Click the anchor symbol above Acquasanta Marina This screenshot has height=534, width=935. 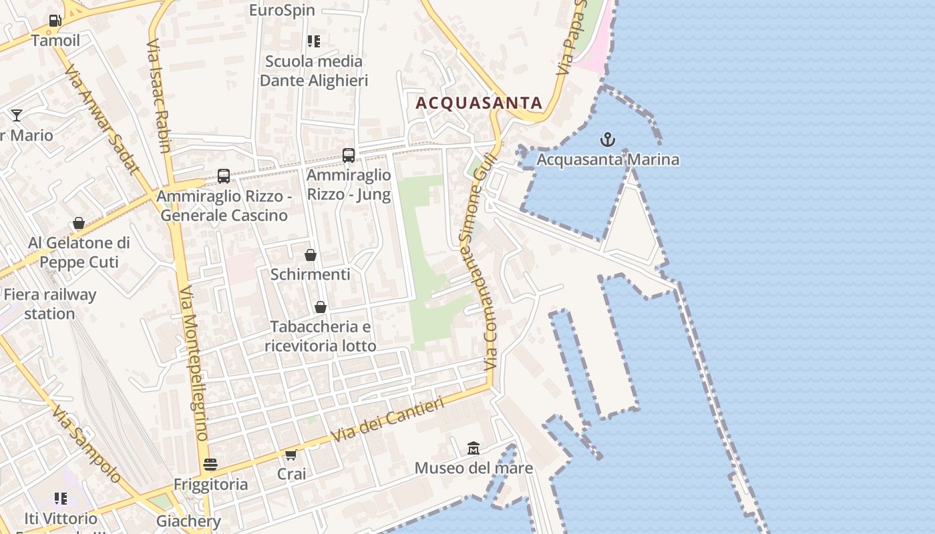(607, 140)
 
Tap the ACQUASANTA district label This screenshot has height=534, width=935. (479, 103)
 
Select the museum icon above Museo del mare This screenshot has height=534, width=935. (474, 447)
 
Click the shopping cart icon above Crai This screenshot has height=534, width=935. (291, 455)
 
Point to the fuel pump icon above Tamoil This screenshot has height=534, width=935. (55, 20)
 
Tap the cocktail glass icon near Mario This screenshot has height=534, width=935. (17, 115)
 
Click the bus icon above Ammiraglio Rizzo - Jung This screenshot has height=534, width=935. (349, 156)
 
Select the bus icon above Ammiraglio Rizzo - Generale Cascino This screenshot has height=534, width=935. (224, 176)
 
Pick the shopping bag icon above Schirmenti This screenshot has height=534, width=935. (311, 255)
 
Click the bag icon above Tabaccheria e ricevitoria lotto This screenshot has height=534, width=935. (321, 307)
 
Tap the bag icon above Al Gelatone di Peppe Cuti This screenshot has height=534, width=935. (79, 223)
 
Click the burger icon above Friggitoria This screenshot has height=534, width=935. (210, 464)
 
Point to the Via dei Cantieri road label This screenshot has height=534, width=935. (388, 420)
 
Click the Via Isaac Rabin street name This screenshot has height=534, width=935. (159, 95)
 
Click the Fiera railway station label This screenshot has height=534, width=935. (49, 304)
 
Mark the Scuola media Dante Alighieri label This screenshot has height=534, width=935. (314, 71)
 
